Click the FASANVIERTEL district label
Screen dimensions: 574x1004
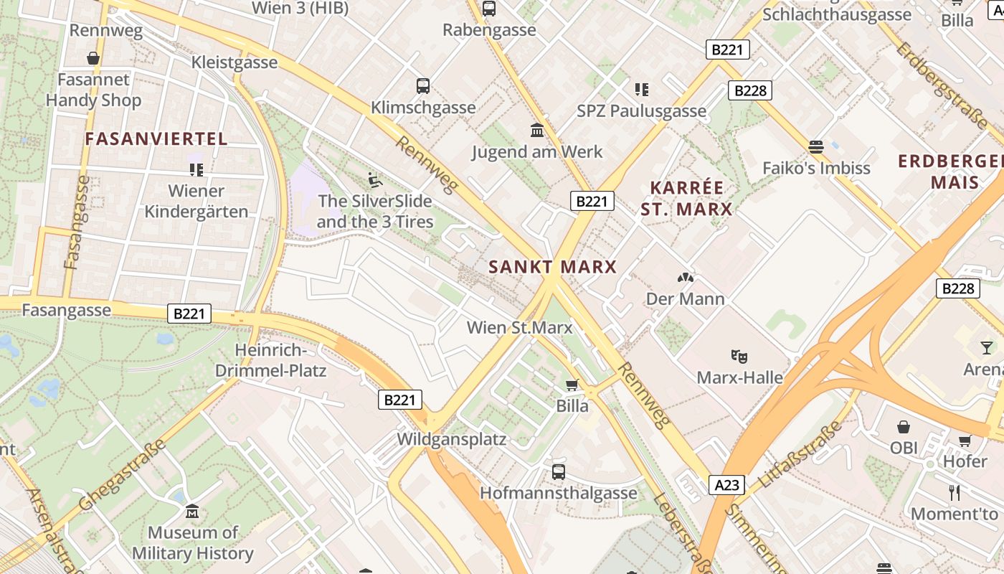[156, 139]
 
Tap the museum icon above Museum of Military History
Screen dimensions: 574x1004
[192, 512]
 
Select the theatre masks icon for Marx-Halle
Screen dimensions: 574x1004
[739, 356]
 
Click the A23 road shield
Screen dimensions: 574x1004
[726, 485]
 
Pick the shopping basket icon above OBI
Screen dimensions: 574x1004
[904, 427]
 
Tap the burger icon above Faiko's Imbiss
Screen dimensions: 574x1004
[815, 147]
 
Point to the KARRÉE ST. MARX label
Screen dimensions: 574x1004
[687, 199]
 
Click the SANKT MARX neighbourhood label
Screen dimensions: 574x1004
[552, 268]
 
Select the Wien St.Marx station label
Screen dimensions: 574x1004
[519, 328]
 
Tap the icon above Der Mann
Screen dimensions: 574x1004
[686, 277]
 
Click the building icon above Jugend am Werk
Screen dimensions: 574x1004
[536, 131]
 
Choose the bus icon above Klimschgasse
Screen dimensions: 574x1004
[423, 86]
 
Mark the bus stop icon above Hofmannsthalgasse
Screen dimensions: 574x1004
[559, 472]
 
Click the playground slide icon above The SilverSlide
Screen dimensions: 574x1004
[374, 179]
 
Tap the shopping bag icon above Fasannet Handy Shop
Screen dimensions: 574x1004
[93, 58]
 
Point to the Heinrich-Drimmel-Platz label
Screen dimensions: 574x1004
[271, 361]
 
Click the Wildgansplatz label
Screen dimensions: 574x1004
[452, 439]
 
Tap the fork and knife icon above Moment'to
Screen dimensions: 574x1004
[954, 493]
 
